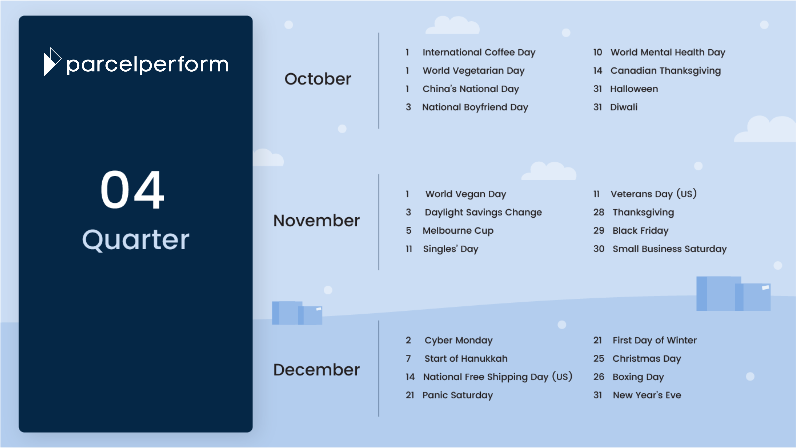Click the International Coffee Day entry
click(x=479, y=52)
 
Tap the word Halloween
click(x=634, y=89)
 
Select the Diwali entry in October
click(x=624, y=107)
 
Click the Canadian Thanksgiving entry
click(x=666, y=71)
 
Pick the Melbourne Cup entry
click(x=458, y=231)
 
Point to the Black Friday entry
click(x=641, y=231)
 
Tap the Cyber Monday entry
click(x=459, y=340)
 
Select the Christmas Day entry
click(x=647, y=359)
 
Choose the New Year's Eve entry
click(x=647, y=395)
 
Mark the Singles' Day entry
click(x=450, y=249)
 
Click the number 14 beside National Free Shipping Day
click(x=410, y=377)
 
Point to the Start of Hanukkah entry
click(x=466, y=359)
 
